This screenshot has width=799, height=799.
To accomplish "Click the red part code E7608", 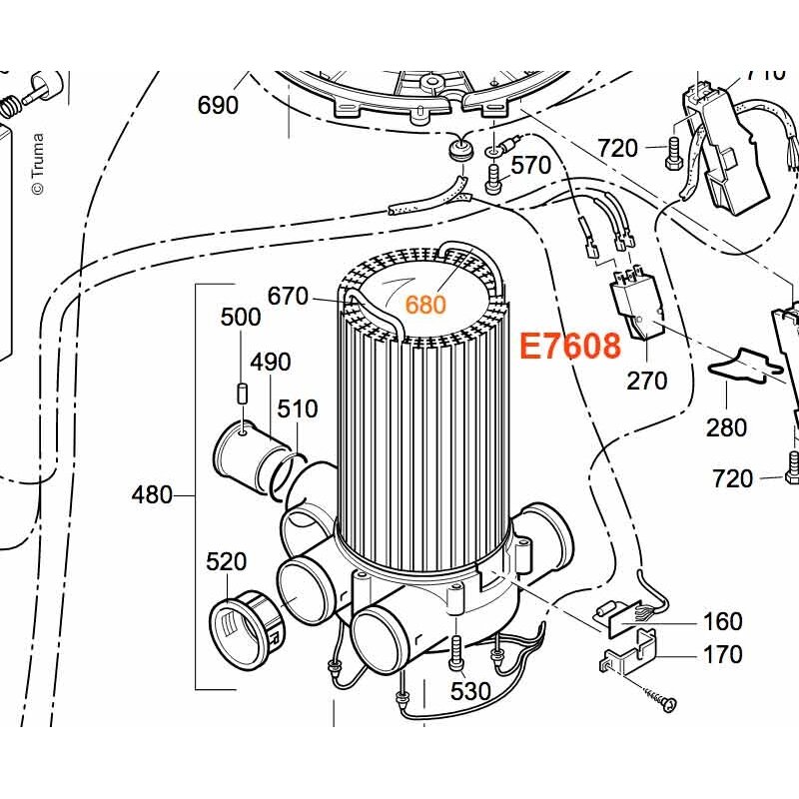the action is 570,346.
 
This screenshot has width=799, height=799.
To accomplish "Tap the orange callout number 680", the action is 425,305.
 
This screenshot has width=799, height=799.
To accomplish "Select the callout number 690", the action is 218,106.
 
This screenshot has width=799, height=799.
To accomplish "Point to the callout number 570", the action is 531,165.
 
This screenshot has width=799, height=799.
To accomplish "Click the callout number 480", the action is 152,494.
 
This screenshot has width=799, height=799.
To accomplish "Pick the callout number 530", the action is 470,691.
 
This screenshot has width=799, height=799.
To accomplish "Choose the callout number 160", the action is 722,621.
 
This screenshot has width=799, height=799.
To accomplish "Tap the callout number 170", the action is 722,654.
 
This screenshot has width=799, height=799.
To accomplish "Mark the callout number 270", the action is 646,381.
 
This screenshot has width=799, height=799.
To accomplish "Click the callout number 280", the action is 726,427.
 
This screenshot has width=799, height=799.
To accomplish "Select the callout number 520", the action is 227,562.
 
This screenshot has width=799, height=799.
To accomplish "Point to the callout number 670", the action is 288,296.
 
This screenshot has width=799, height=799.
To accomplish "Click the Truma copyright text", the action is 38,164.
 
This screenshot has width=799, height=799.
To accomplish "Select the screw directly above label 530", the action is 455,652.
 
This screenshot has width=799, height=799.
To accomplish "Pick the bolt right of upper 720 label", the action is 671,152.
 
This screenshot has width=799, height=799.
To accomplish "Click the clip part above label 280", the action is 744,365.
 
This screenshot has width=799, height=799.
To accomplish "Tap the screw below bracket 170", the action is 660,697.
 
